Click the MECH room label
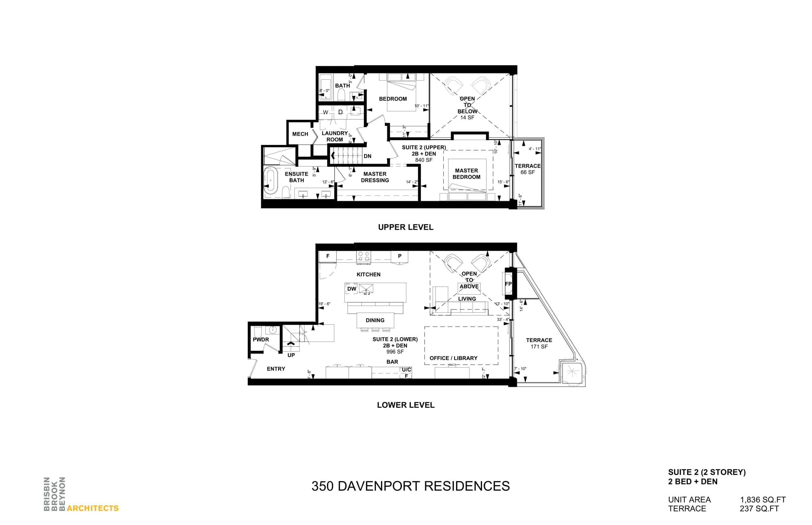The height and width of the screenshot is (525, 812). click(x=300, y=134)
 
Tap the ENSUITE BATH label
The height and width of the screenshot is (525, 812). click(x=296, y=177)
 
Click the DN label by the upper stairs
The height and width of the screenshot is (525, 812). click(x=367, y=156)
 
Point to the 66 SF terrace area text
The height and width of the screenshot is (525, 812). click(x=527, y=172)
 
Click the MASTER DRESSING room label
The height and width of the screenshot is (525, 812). click(x=375, y=177)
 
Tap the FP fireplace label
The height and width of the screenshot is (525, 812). click(x=508, y=284)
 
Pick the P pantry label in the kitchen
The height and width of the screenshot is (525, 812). click(x=399, y=256)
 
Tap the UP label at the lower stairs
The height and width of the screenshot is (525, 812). click(x=291, y=355)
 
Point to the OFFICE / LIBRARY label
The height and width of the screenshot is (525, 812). click(x=453, y=358)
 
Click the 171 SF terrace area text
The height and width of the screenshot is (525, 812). click(x=539, y=347)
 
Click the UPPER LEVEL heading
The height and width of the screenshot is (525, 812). click(x=405, y=227)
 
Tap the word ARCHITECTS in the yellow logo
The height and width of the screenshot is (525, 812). click(x=92, y=508)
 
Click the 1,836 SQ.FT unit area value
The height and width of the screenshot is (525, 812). click(x=763, y=500)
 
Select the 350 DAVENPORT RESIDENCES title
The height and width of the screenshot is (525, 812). click(x=410, y=486)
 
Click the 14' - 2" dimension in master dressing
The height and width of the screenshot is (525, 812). click(x=411, y=182)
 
